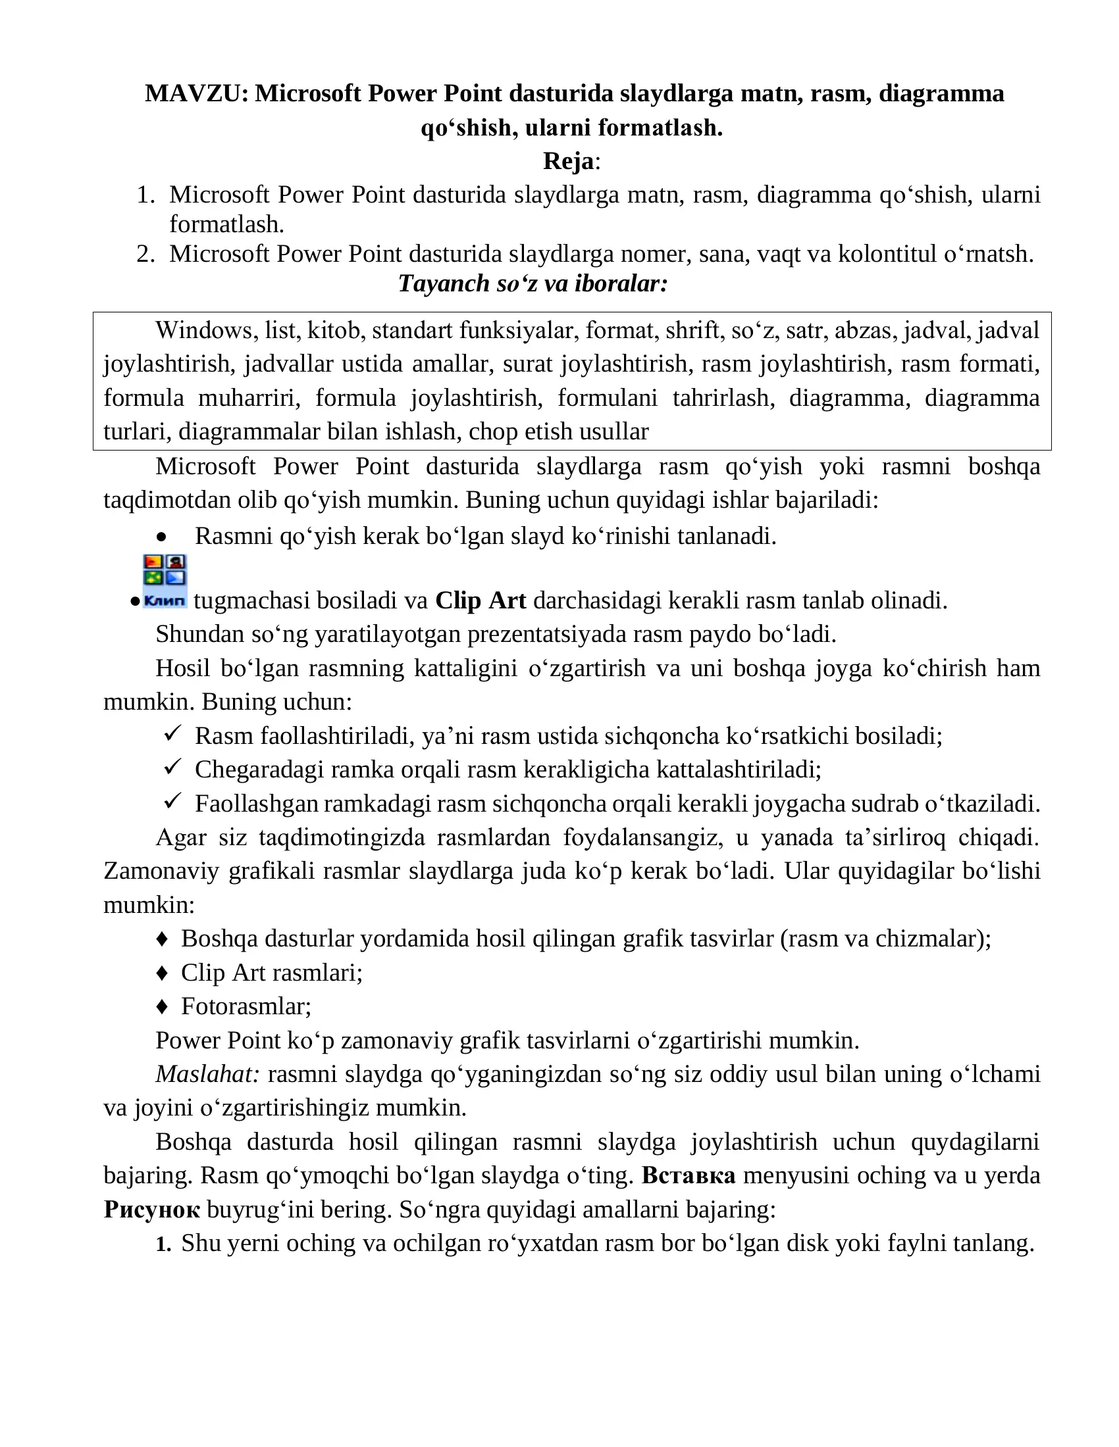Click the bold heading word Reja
pyautogui.click(x=569, y=161)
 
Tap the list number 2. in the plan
pyautogui.click(x=146, y=254)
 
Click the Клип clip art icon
pyautogui.click(x=165, y=581)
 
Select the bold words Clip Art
pyautogui.click(x=481, y=601)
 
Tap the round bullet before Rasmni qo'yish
pyautogui.click(x=161, y=537)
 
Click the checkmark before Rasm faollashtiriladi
pyautogui.click(x=172, y=733)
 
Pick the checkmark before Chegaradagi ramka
pyautogui.click(x=172, y=767)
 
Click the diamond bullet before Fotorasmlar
pyautogui.click(x=162, y=1007)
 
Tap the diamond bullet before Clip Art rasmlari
pyautogui.click(x=162, y=973)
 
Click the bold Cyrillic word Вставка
pyautogui.click(x=689, y=1175)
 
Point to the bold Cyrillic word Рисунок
pyautogui.click(x=152, y=1210)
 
